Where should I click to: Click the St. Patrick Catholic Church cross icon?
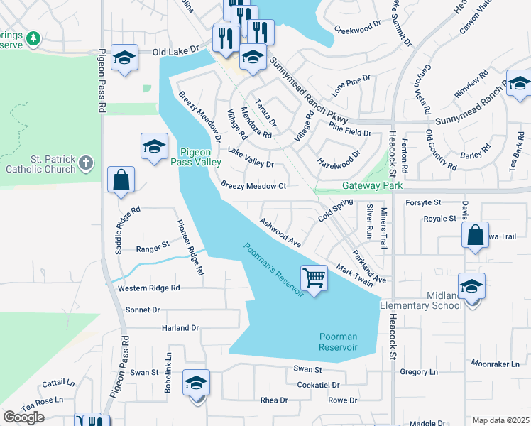(x=85, y=164)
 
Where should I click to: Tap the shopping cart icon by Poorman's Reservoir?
(x=314, y=276)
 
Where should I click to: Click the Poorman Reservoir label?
(x=337, y=342)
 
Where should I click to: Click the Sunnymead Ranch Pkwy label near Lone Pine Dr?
(x=308, y=89)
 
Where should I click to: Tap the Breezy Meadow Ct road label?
(x=253, y=186)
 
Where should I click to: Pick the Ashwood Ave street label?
(x=280, y=233)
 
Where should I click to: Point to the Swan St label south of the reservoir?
(x=308, y=369)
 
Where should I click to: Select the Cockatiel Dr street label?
(x=319, y=385)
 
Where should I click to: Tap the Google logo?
(x=23, y=417)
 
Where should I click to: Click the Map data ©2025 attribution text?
(x=500, y=420)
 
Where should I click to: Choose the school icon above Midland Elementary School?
(x=471, y=285)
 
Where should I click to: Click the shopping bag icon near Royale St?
(x=475, y=235)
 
